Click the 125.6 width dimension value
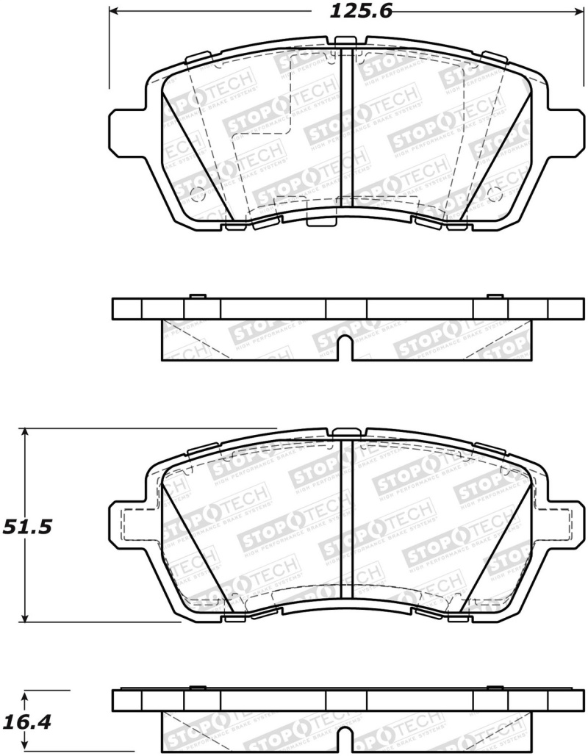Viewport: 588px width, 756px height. click(351, 12)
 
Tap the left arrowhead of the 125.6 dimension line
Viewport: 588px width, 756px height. click(115, 12)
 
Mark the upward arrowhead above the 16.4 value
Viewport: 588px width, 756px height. click(26, 695)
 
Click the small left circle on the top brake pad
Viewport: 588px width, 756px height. click(196, 194)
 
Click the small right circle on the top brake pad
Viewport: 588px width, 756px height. click(494, 194)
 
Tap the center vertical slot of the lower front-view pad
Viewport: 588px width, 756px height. click(345, 525)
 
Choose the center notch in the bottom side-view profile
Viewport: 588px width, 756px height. click(343, 741)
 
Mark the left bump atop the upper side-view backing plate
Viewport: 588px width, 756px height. click(196, 296)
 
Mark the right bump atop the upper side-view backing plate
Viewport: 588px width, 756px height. click(495, 296)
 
